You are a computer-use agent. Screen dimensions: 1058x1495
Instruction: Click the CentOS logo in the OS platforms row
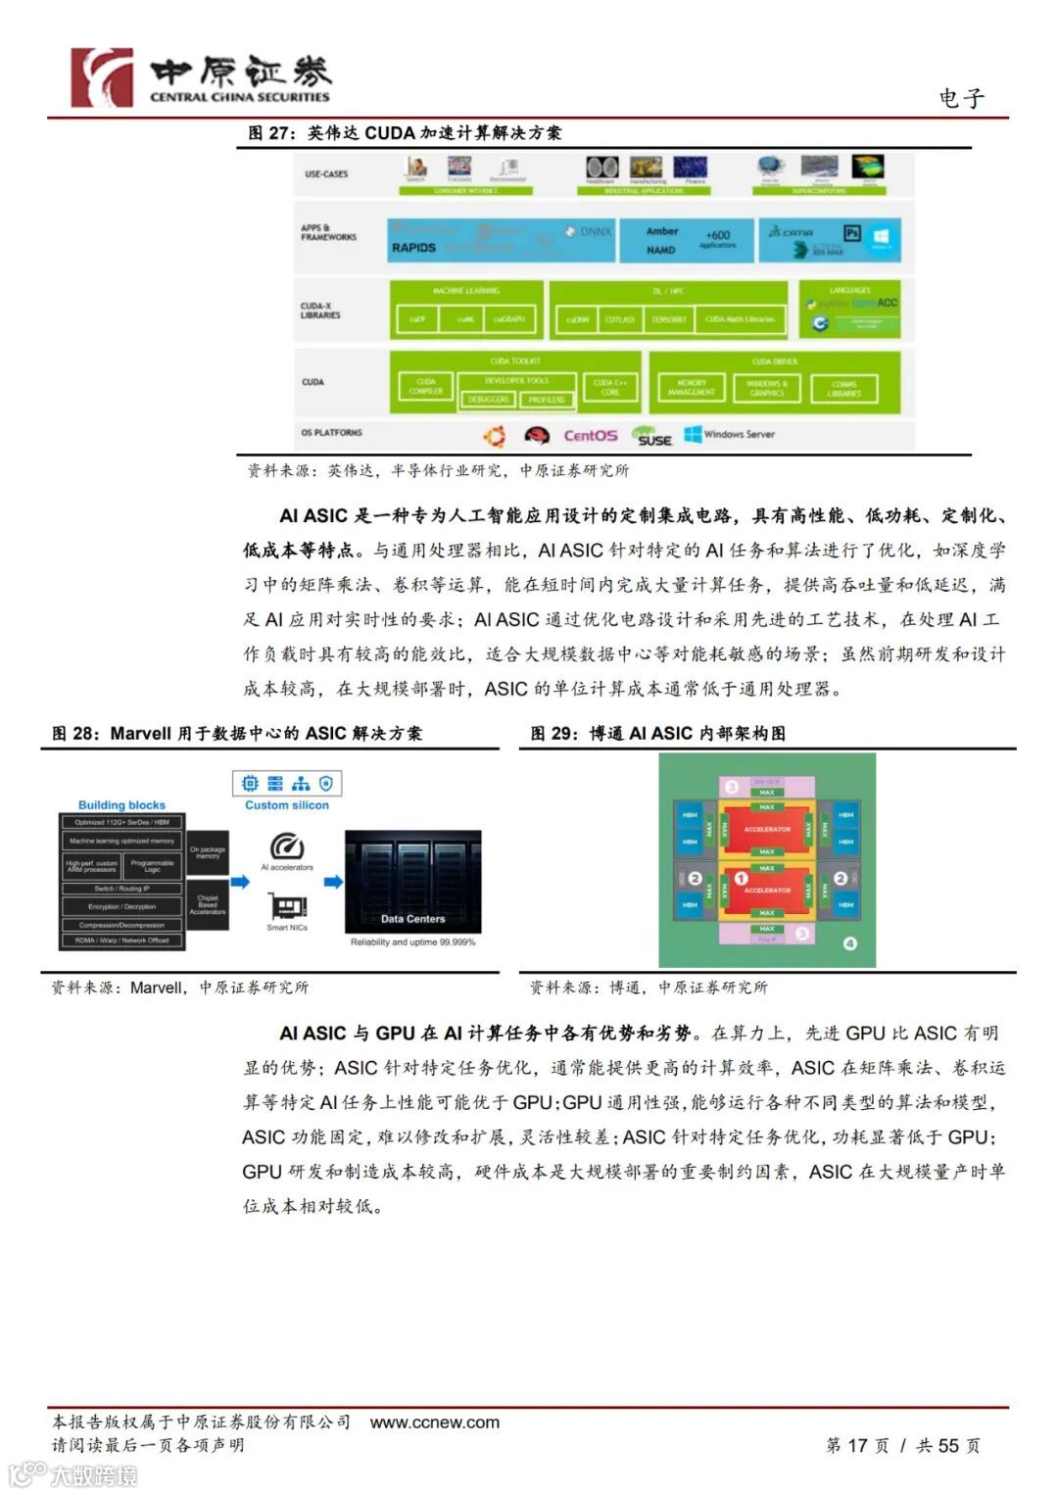590,435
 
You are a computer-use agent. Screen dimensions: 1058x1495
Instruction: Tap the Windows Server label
739,434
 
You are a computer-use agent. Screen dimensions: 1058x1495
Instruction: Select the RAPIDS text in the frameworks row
413,248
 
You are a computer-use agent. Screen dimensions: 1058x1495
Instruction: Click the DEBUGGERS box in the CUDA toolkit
488,399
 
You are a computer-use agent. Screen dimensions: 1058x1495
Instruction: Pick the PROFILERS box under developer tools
547,399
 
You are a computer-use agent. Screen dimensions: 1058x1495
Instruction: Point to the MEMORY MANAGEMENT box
691,388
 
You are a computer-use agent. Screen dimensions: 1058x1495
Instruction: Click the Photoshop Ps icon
851,233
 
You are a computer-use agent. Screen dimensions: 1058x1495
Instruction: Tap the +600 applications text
718,236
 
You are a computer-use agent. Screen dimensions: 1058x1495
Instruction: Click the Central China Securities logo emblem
102,77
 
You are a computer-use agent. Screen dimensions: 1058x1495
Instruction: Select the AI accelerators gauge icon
287,845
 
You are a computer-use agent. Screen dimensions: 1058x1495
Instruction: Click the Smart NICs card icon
287,906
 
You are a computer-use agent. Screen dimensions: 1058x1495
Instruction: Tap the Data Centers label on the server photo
412,919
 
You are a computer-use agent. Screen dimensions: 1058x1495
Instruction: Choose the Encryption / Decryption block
121,906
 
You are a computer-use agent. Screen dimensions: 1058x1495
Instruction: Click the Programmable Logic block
153,866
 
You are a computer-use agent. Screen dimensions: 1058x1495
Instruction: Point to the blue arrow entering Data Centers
334,882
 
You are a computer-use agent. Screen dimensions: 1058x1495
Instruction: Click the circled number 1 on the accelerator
741,879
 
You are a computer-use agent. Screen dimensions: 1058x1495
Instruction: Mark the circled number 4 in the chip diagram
849,943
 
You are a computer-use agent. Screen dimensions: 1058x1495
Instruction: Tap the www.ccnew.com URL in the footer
434,1423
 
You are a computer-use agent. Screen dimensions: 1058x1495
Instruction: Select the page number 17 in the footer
858,1445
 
